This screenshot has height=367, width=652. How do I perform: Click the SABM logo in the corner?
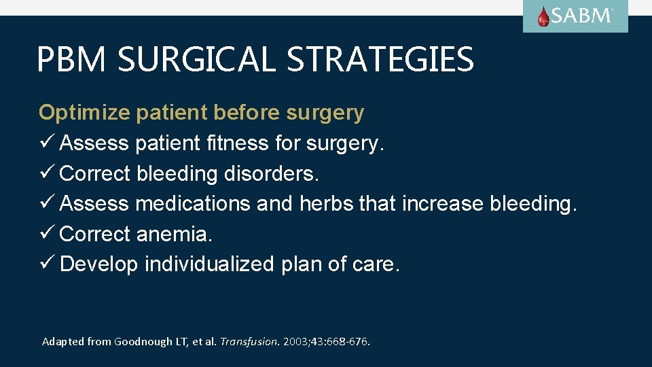[x=575, y=16]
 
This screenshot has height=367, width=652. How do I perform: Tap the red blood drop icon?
[x=543, y=17]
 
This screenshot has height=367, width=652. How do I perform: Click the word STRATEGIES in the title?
[x=380, y=60]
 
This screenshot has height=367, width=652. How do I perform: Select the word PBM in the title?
[x=71, y=60]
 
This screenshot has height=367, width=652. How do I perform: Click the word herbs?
[x=326, y=203]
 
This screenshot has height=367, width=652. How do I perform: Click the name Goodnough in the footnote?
[x=145, y=342]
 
